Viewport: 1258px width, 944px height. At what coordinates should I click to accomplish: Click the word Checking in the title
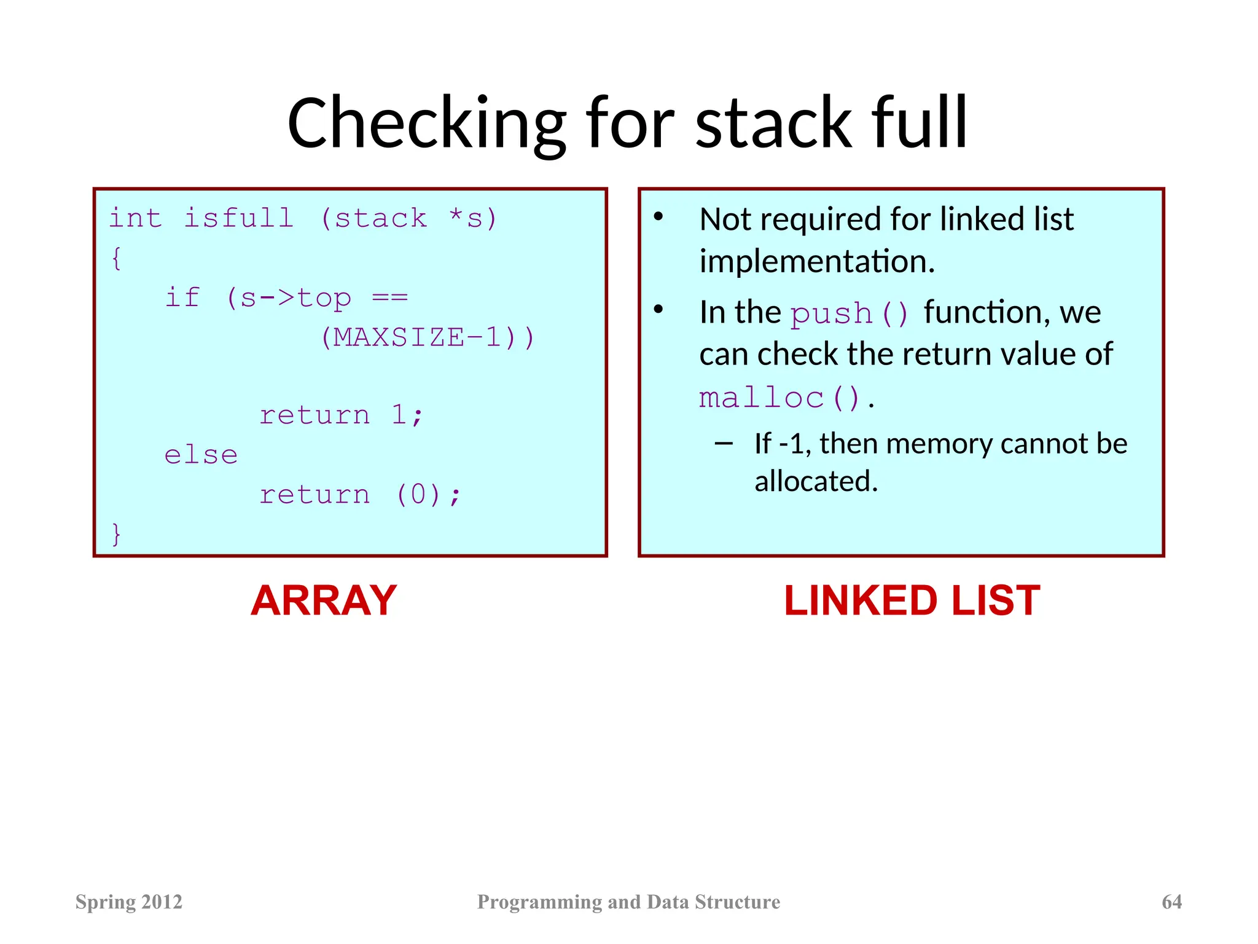coord(426,124)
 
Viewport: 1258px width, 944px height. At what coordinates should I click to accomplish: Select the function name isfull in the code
coord(238,218)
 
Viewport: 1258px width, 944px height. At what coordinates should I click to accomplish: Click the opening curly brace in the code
coord(116,258)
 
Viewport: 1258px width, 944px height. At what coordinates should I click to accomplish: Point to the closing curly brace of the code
coord(116,533)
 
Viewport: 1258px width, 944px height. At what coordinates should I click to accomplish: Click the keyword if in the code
coord(183,297)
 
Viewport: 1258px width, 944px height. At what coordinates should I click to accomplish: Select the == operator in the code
coord(390,297)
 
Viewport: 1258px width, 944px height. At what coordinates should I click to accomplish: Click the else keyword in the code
coord(201,455)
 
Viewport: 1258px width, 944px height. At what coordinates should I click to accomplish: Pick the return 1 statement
coord(341,415)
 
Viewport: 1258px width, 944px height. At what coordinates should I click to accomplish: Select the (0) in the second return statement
coord(418,495)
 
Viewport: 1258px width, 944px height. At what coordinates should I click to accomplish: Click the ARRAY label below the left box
coord(324,600)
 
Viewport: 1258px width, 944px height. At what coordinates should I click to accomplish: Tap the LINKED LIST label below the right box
coord(912,600)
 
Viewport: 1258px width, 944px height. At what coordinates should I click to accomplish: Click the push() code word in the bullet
coord(848,313)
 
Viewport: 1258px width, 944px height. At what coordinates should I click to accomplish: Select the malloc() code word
coord(779,398)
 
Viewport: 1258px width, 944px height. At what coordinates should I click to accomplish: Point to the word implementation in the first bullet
coord(816,262)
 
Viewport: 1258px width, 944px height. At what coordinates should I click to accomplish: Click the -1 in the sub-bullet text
coord(791,444)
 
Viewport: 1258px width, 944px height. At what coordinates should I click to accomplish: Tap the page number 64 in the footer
coord(1171,902)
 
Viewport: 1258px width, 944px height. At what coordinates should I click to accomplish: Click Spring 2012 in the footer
coord(129,902)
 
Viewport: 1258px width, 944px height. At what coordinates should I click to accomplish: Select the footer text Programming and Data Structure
coord(628,902)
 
